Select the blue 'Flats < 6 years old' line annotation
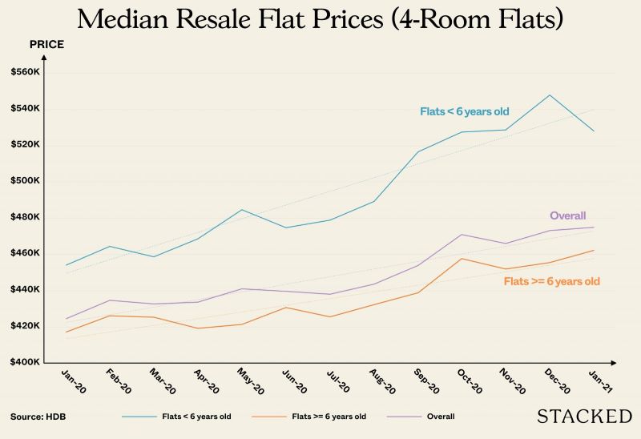click(464, 111)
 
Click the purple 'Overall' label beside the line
click(567, 215)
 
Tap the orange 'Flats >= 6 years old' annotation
click(551, 281)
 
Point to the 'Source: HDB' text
click(38, 417)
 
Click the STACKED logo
click(583, 416)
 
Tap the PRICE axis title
click(46, 44)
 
